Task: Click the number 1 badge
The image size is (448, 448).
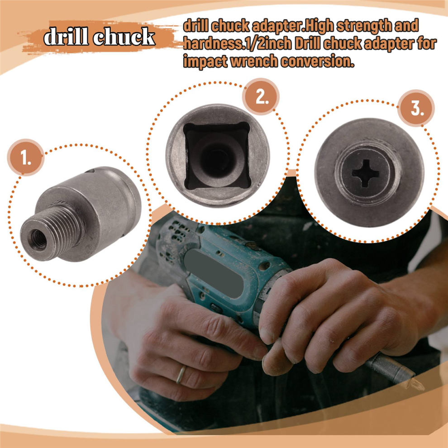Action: coord(26,157)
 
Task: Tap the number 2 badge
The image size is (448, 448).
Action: coord(261,97)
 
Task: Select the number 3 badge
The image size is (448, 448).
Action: coord(417,108)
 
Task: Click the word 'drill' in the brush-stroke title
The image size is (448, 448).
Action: coord(66,36)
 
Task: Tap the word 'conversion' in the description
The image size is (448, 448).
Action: coord(317,61)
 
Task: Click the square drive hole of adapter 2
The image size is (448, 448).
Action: coord(217,156)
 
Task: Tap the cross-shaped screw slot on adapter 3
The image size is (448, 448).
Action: coord(366,173)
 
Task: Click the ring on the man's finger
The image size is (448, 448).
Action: coord(181,375)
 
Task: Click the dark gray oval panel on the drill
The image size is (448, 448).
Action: coord(214,274)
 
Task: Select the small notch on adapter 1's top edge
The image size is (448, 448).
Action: coord(90,171)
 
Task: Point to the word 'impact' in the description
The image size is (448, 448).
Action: coord(205,62)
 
